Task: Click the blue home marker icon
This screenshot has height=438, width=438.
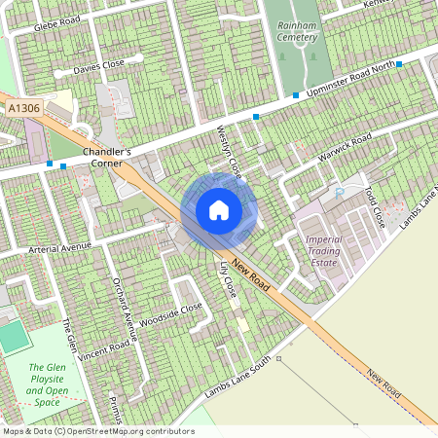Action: (x=219, y=210)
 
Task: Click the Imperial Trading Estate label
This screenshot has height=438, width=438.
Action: (x=324, y=251)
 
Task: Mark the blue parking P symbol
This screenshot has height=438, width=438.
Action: (x=340, y=193)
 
